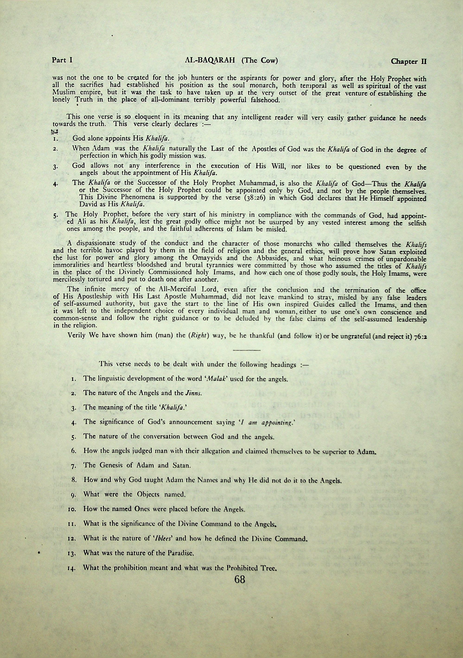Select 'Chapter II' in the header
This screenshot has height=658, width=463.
click(409, 61)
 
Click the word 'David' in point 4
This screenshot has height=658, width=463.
click(87, 205)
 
